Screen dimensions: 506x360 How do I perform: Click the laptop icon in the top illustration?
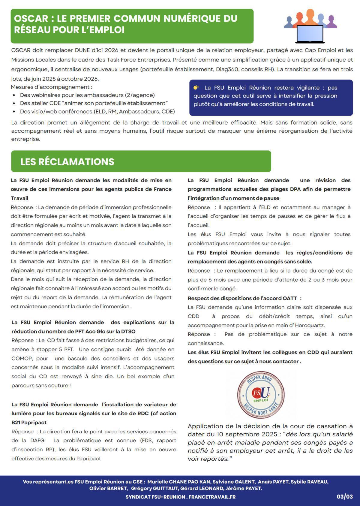[x=310, y=34]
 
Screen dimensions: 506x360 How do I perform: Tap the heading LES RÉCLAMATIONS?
[x=67, y=162]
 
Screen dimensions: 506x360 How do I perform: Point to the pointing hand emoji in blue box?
[x=196, y=88]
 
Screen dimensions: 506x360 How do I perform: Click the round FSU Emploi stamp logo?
[x=260, y=394]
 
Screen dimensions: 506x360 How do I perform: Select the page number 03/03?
[x=344, y=496]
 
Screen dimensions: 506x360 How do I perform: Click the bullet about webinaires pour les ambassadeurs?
[x=87, y=95]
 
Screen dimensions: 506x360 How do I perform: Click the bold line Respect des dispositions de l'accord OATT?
[x=244, y=298]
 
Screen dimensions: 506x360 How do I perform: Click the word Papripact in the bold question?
[x=34, y=423]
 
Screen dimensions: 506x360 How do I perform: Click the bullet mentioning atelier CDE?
[x=94, y=103]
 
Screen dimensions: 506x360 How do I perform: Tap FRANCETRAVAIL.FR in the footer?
[x=212, y=497]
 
